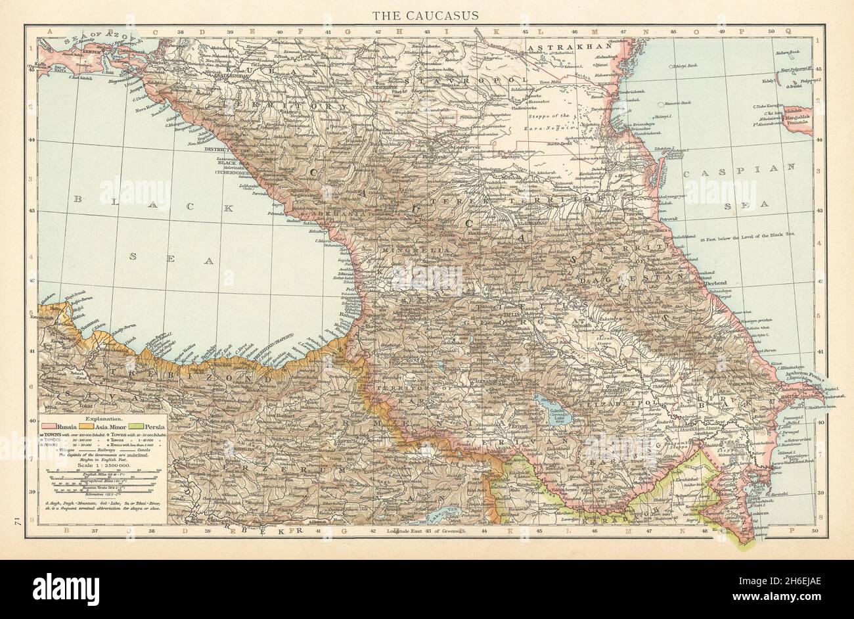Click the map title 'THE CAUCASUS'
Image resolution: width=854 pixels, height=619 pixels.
coord(426,15)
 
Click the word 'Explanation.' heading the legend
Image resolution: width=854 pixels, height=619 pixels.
coord(99,417)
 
